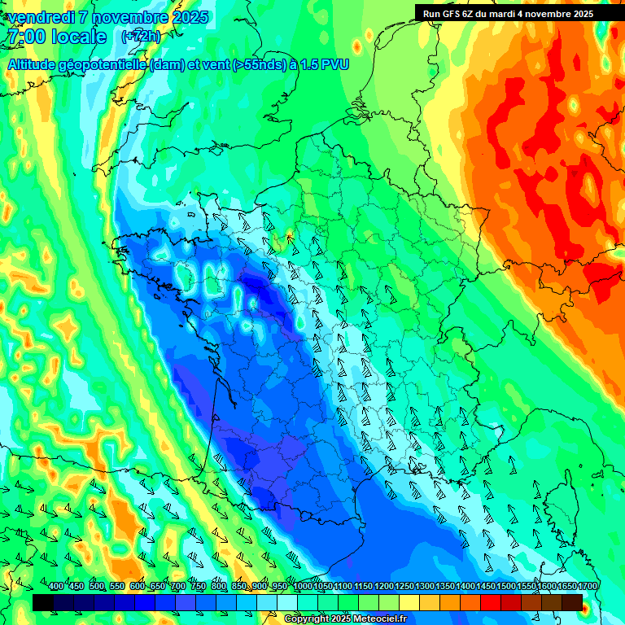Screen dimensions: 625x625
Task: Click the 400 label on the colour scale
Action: pos(56,587)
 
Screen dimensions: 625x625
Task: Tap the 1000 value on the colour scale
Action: pos(303,587)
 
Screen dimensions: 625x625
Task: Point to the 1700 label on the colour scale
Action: pos(588,587)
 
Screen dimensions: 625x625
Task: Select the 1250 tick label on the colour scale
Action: pos(404,587)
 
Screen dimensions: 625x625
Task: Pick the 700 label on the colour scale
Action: pos(178,587)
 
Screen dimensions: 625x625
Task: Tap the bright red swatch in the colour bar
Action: pos(491,602)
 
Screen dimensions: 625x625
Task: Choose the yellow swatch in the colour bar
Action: pos(409,602)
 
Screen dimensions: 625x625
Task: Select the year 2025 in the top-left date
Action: pos(190,17)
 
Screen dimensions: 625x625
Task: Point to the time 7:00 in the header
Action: pos(24,37)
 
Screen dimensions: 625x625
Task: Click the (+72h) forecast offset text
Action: pos(141,37)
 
